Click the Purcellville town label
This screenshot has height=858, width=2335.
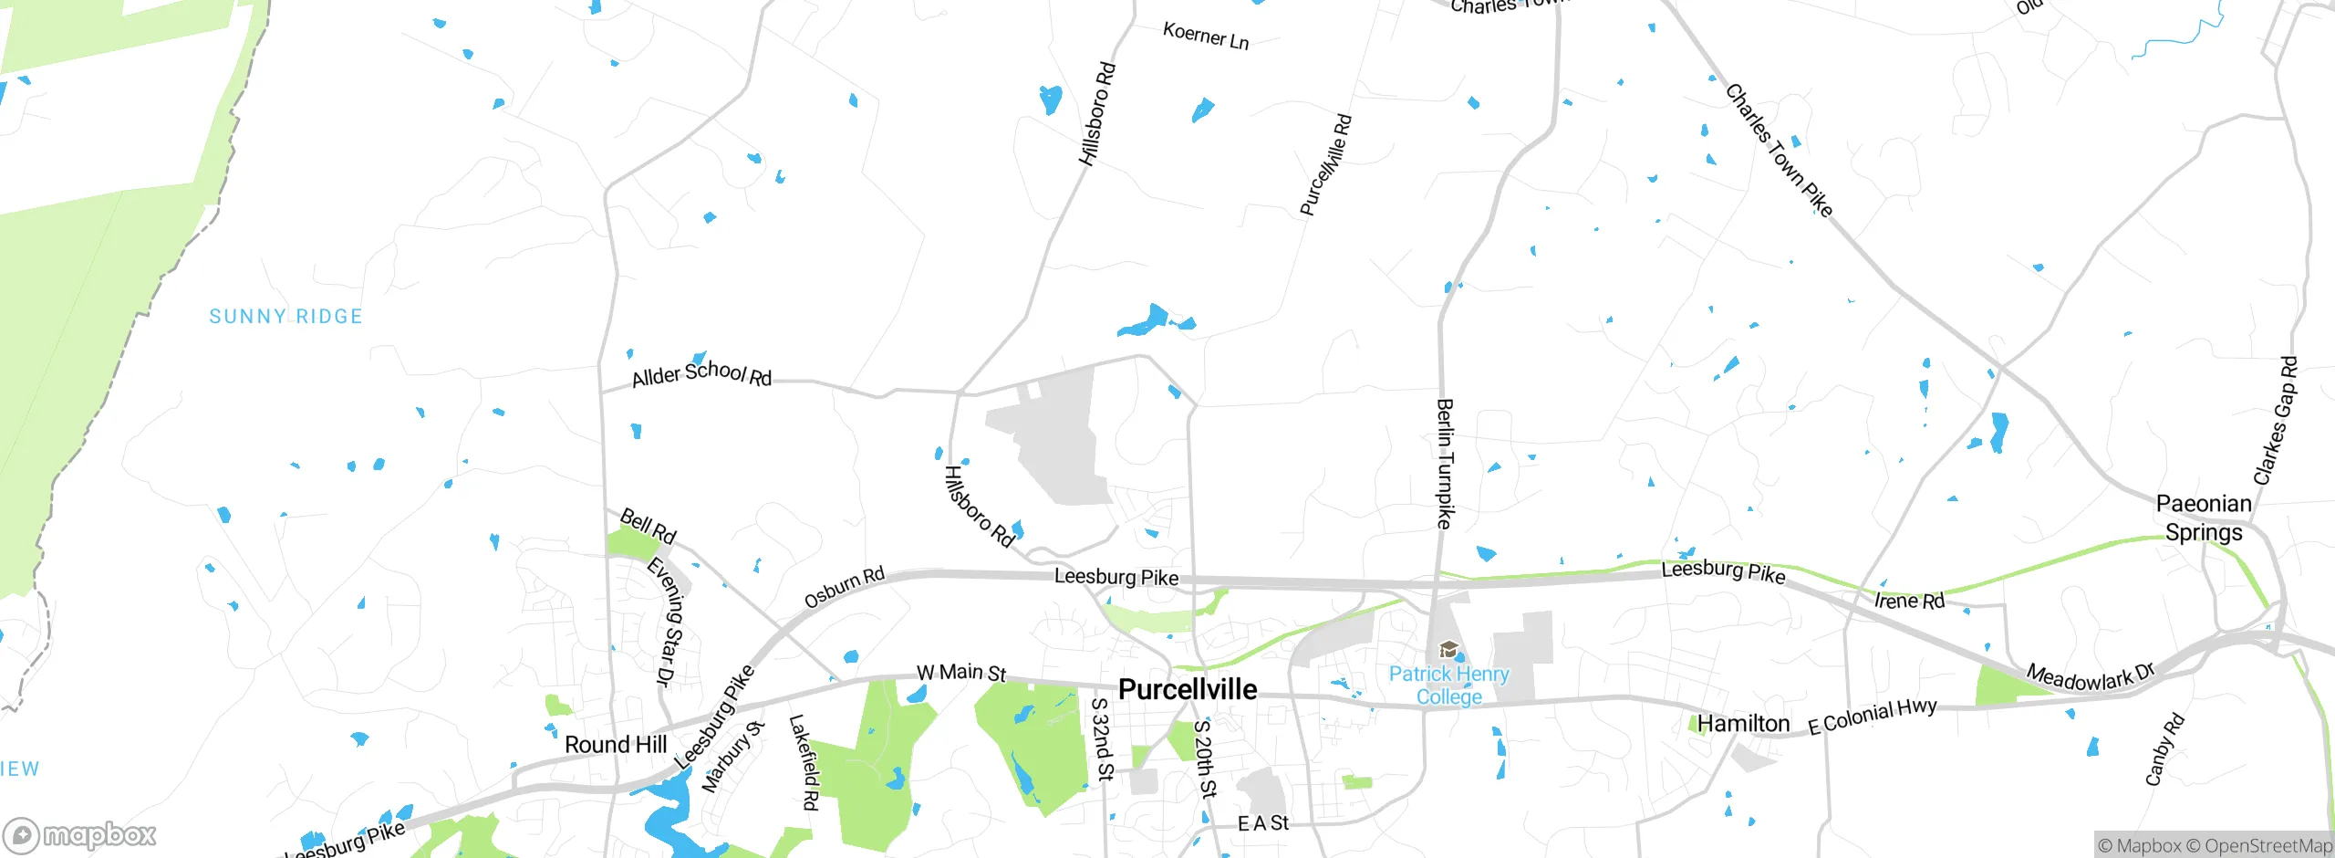(x=1188, y=689)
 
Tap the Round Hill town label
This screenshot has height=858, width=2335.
(x=616, y=745)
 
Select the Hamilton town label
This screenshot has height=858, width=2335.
(x=1743, y=724)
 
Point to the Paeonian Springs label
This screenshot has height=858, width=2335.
(x=2203, y=518)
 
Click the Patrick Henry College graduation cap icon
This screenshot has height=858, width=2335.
(x=1448, y=650)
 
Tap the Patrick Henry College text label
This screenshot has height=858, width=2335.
(x=1448, y=685)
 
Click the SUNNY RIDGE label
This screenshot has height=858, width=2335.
(x=285, y=317)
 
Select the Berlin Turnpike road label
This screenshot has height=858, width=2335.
(x=1444, y=463)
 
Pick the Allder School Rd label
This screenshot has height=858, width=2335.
(x=701, y=373)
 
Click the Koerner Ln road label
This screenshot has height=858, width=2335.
(x=1206, y=37)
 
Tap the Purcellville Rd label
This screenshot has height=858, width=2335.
(x=1325, y=165)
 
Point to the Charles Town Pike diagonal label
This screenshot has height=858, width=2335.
(x=1779, y=151)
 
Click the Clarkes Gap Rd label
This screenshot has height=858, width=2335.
(x=2275, y=420)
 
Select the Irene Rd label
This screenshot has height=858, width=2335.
(x=1909, y=601)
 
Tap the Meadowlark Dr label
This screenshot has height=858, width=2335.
(x=2090, y=676)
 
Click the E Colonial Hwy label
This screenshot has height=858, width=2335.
(x=1873, y=716)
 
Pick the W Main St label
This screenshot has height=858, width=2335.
(x=961, y=673)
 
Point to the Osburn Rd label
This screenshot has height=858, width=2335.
(x=844, y=588)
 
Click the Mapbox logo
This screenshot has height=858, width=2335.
(x=80, y=835)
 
